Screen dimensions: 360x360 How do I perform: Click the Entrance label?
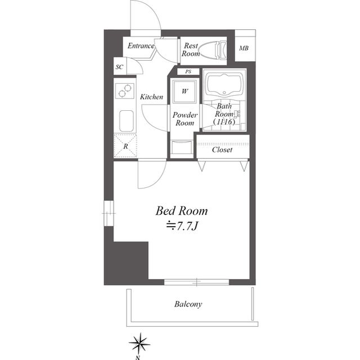[141, 46]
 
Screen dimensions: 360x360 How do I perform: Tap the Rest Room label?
[191, 50]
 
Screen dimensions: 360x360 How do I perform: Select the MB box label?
[244, 48]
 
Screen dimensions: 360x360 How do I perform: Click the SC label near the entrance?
[119, 67]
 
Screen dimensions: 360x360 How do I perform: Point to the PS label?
[188, 71]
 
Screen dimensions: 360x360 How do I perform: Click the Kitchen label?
[151, 97]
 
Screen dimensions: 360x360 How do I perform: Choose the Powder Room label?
[184, 119]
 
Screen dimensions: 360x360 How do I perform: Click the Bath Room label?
[224, 114]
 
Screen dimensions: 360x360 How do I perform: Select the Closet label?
[223, 150]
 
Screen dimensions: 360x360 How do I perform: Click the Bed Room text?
[182, 211]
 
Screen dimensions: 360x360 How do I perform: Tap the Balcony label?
[188, 304]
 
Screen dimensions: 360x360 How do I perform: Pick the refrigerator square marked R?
[125, 146]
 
